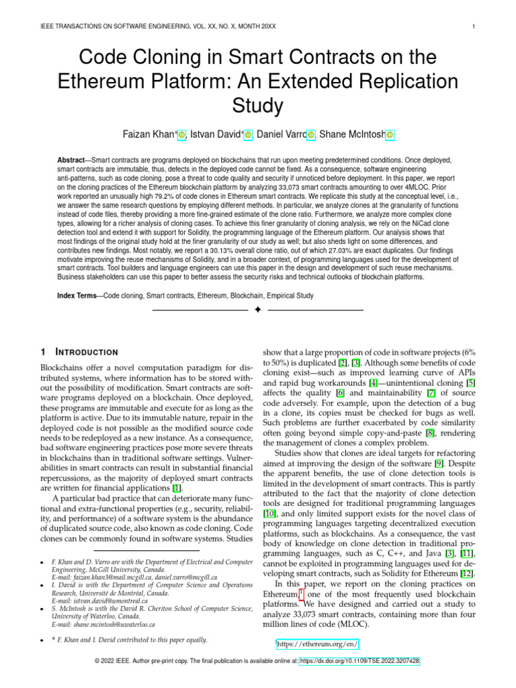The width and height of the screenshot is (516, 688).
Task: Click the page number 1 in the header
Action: pos(474,27)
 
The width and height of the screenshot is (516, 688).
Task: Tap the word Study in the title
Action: pos(258,105)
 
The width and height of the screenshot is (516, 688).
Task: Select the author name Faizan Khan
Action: pos(148,134)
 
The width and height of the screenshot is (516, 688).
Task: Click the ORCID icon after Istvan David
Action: pos(248,135)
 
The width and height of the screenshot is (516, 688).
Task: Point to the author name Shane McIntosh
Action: pos(352,134)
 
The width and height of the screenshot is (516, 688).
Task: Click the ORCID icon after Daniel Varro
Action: pos(310,135)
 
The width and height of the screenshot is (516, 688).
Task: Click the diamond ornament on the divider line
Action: pos(258,310)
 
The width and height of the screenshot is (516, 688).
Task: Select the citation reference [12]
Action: pos(467,573)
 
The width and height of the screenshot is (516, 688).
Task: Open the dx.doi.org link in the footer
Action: pos(359,661)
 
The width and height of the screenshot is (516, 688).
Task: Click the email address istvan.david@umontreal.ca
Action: pos(110,600)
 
